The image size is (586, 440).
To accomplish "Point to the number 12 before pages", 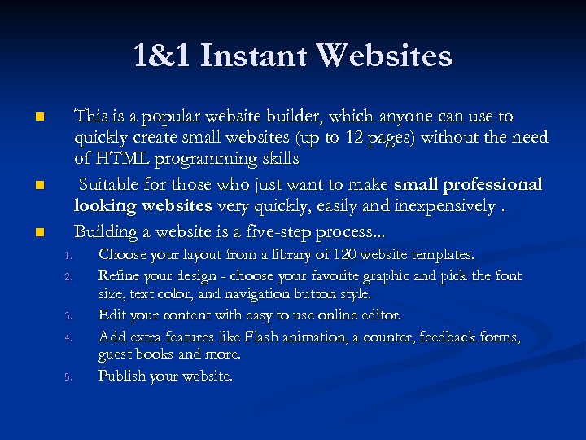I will click(363, 138).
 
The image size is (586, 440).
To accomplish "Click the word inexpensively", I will click(444, 207).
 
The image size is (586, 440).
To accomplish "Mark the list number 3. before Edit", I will click(70, 316).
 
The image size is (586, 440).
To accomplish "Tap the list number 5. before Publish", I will click(70, 377).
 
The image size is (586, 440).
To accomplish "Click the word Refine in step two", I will click(119, 275).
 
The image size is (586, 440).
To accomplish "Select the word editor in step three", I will click(380, 315).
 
